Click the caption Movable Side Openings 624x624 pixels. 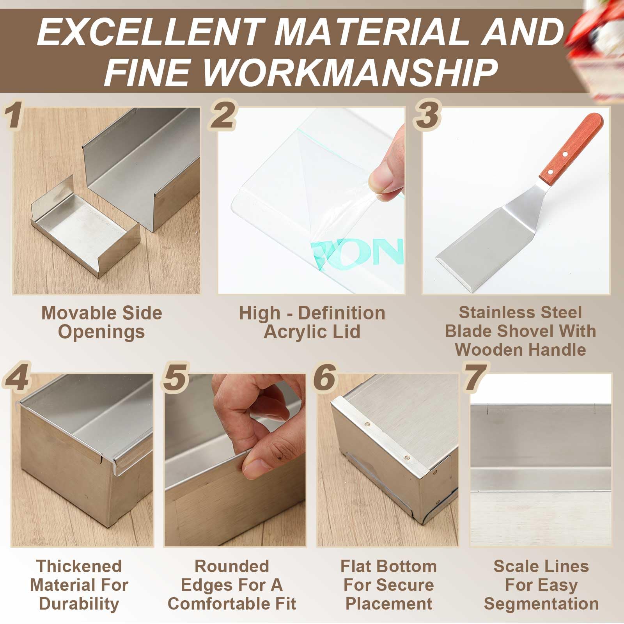[x=101, y=322]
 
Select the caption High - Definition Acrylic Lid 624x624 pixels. [x=312, y=322]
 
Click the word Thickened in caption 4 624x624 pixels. [x=79, y=566]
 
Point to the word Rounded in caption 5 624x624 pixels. [x=232, y=566]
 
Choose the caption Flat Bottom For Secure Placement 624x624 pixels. [x=388, y=585]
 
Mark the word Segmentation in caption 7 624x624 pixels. [x=541, y=604]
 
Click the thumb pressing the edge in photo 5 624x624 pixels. [x=259, y=462]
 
